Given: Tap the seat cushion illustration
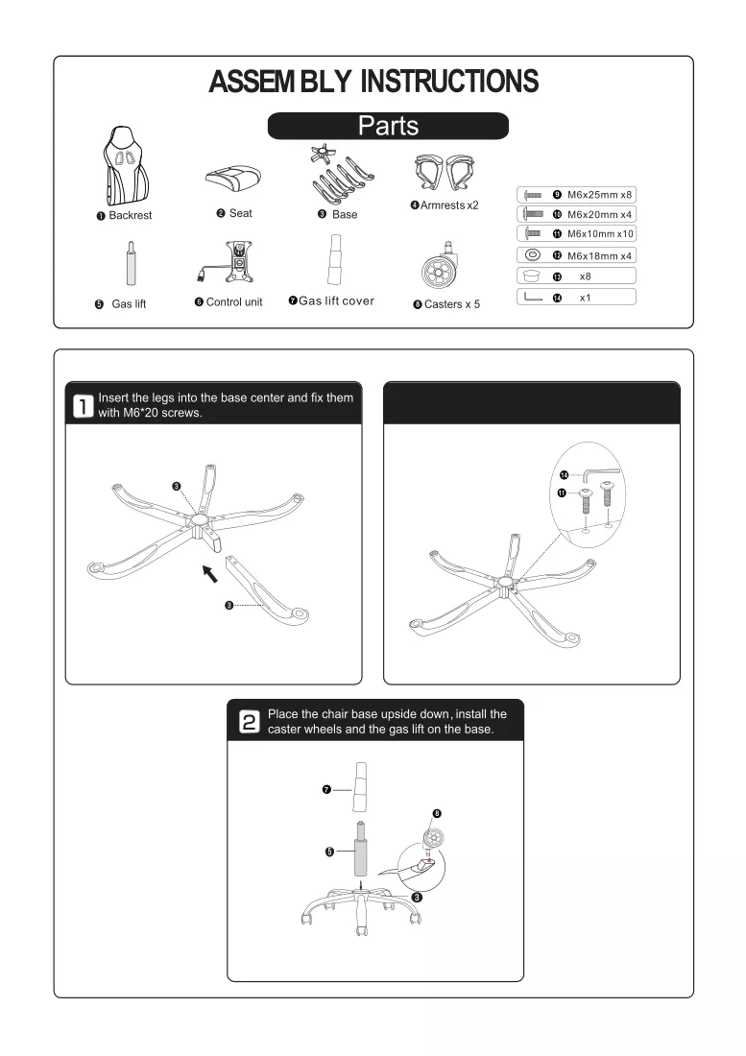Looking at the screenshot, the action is click(x=233, y=180).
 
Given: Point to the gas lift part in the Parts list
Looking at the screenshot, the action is click(x=131, y=264).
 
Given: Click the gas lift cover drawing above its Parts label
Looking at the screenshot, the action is click(x=335, y=260).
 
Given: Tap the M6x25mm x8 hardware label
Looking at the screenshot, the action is click(x=599, y=195).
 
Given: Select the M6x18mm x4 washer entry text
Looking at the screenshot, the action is click(x=599, y=256).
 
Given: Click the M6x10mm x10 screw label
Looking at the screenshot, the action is click(x=600, y=233).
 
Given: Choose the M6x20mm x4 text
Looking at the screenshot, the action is click(x=599, y=214).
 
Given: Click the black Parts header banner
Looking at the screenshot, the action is click(x=388, y=126).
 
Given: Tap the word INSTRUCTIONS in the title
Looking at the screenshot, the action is click(x=449, y=82).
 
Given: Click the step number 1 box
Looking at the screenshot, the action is click(x=83, y=406).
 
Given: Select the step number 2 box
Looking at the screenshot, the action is click(x=249, y=722).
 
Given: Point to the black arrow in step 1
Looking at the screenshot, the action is click(x=210, y=574).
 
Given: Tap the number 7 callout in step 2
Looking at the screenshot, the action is click(x=326, y=789).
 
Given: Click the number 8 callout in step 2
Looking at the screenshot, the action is click(x=436, y=813).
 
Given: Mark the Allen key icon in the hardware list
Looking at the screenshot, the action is click(x=533, y=297).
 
